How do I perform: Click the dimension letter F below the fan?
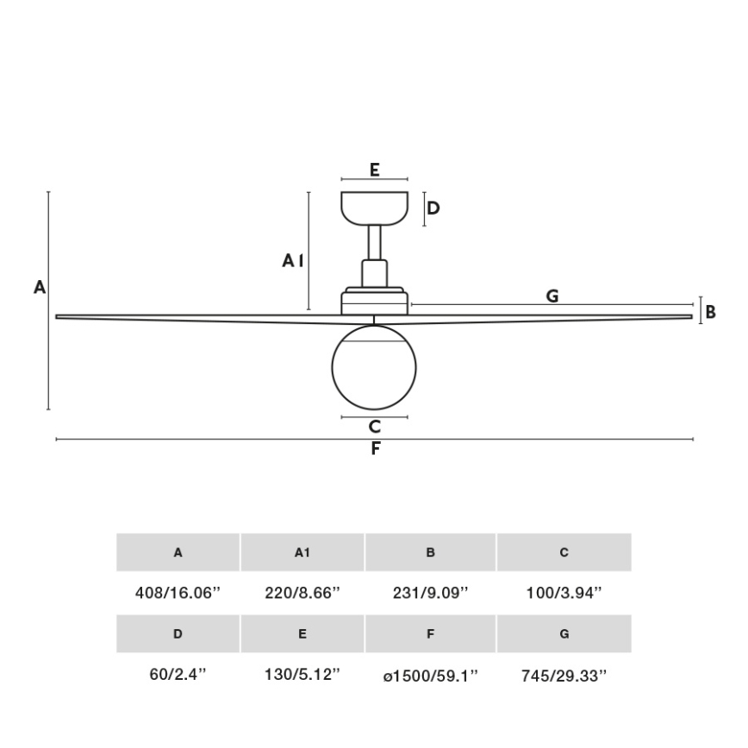tap(376, 448)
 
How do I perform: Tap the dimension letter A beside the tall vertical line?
tap(40, 288)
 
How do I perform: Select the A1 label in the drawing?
tap(293, 260)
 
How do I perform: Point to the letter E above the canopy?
tap(375, 170)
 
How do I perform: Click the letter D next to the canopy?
tap(433, 208)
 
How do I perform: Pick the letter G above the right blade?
tap(552, 296)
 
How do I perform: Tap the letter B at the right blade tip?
tap(710, 312)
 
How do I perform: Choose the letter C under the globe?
tap(374, 426)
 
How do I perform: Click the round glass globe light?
tap(374, 367)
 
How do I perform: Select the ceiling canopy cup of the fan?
tap(374, 208)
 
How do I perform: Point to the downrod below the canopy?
tap(375, 242)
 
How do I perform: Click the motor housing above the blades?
tap(374, 302)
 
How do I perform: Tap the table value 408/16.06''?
tap(178, 593)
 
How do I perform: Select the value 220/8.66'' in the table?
tap(302, 593)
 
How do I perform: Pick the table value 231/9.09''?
tap(430, 593)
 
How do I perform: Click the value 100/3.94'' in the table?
tap(564, 593)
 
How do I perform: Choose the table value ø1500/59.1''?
tap(430, 675)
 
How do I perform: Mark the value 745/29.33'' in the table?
tap(564, 675)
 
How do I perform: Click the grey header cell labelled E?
tap(302, 633)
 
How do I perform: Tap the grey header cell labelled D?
tap(178, 633)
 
